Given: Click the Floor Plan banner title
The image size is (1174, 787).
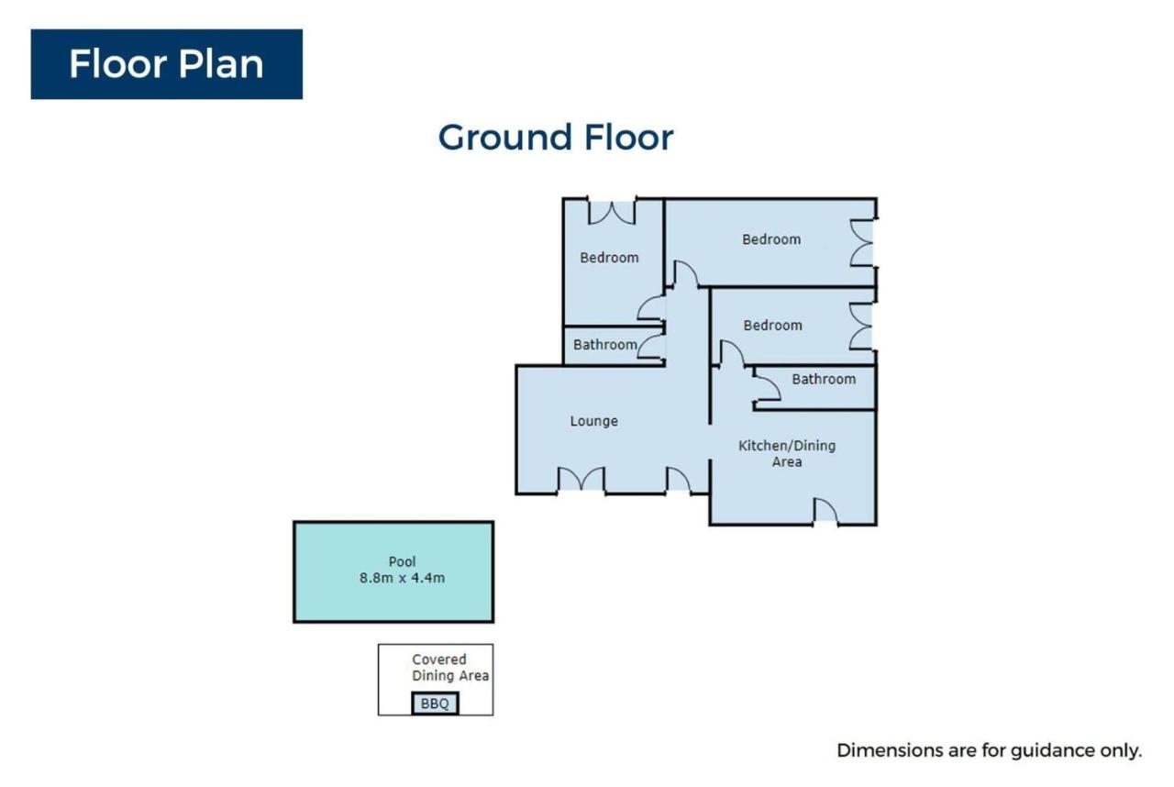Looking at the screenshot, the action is click(166, 64).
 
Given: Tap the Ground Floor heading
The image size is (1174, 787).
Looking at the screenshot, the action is click(556, 138).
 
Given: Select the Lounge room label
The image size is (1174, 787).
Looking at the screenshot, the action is click(593, 421).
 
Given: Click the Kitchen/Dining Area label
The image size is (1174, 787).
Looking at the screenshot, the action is click(787, 453).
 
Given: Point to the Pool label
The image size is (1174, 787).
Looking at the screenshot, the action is click(402, 561).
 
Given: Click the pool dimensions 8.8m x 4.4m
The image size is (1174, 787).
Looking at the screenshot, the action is click(402, 578).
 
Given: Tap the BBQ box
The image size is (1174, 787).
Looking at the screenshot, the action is click(435, 704).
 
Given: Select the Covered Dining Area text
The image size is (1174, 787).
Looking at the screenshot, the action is click(450, 668).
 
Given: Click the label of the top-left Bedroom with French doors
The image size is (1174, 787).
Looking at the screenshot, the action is click(609, 258).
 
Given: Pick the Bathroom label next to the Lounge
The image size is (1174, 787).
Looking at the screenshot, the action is click(604, 345).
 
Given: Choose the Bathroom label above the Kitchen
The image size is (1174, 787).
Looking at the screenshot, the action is click(824, 379).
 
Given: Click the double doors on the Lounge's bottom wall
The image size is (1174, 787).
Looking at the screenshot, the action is click(581, 480).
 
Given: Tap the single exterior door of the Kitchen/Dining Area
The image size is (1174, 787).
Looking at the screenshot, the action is click(825, 512).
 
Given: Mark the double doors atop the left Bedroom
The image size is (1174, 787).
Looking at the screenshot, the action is click(612, 211).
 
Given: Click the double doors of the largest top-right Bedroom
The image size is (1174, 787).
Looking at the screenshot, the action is click(861, 244).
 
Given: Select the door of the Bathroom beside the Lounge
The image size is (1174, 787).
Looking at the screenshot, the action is click(651, 347).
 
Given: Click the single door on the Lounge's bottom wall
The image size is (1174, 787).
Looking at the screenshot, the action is click(679, 480).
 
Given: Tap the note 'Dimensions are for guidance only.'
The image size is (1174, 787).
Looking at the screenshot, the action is click(989, 750).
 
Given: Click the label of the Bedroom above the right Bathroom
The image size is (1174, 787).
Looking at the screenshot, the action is click(772, 326).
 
